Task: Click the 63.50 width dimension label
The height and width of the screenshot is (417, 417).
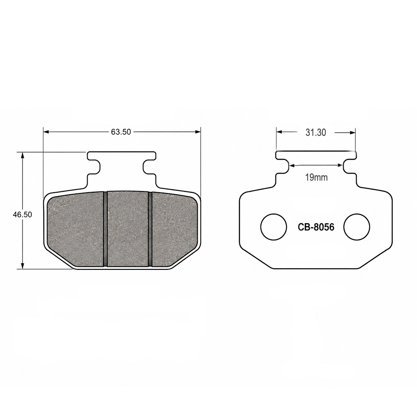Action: tap(121, 132)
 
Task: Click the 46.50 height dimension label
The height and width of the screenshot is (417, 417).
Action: tap(23, 214)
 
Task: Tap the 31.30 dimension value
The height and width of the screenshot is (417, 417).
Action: tap(316, 133)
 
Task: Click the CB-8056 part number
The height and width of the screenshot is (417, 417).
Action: tap(316, 227)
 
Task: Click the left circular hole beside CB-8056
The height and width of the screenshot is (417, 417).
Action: tap(274, 226)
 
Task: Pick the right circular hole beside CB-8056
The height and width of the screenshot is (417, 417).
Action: tap(357, 226)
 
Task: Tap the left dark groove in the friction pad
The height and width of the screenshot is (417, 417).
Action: tap(105, 229)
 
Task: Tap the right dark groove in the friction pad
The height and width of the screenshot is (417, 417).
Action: tap(150, 229)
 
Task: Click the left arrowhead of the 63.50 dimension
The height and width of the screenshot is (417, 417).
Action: tap(46, 132)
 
